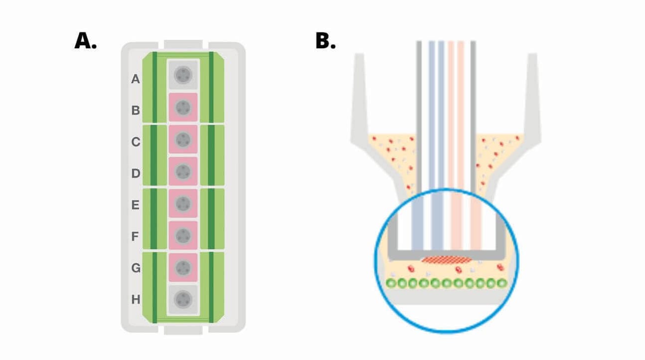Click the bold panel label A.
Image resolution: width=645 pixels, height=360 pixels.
85,41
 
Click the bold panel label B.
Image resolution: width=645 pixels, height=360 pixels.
325,41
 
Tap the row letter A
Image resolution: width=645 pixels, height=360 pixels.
135,79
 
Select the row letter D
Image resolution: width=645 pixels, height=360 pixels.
135,174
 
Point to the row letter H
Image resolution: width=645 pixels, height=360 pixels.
135,300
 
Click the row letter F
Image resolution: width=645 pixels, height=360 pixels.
135,236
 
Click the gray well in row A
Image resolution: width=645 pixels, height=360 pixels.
183,75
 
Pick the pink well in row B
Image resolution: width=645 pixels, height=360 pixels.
183,107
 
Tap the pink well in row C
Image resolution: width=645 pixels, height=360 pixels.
183,139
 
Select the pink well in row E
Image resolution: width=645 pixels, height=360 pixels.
183,203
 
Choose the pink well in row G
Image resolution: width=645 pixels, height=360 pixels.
183,267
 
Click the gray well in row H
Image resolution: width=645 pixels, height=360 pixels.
183,300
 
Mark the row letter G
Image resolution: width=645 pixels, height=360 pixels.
135,268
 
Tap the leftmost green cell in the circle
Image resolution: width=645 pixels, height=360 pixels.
392,283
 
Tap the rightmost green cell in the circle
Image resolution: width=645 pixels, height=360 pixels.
501,283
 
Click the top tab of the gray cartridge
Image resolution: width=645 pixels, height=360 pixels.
183,45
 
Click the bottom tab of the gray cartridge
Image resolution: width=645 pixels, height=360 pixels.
183,329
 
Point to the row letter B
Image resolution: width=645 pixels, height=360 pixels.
135,110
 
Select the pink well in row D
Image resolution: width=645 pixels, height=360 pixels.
183,172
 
